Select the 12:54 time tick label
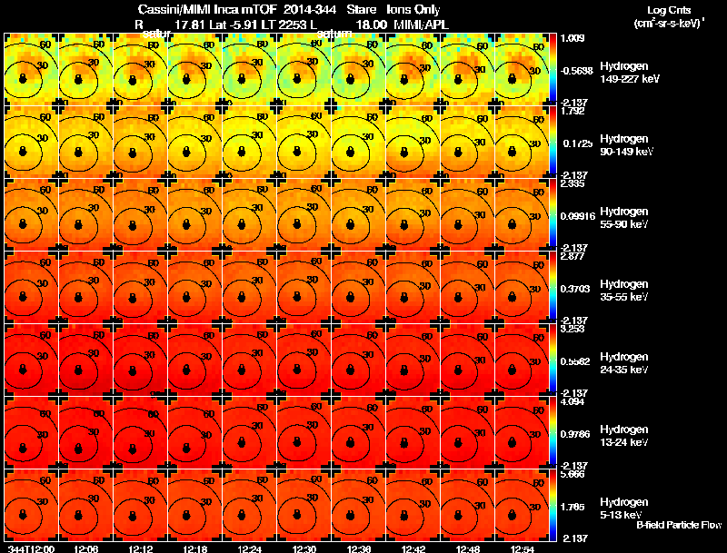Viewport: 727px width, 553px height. click(521, 548)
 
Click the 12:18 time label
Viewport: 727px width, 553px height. click(194, 548)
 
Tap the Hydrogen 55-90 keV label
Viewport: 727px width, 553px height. click(623, 217)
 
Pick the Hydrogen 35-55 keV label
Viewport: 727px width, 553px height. click(623, 290)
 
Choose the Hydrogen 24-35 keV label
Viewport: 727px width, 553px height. click(623, 362)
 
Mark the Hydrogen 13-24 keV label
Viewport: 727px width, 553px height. click(623, 435)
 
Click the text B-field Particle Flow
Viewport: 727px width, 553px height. click(678, 525)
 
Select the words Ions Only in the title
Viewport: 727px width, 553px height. click(414, 9)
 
